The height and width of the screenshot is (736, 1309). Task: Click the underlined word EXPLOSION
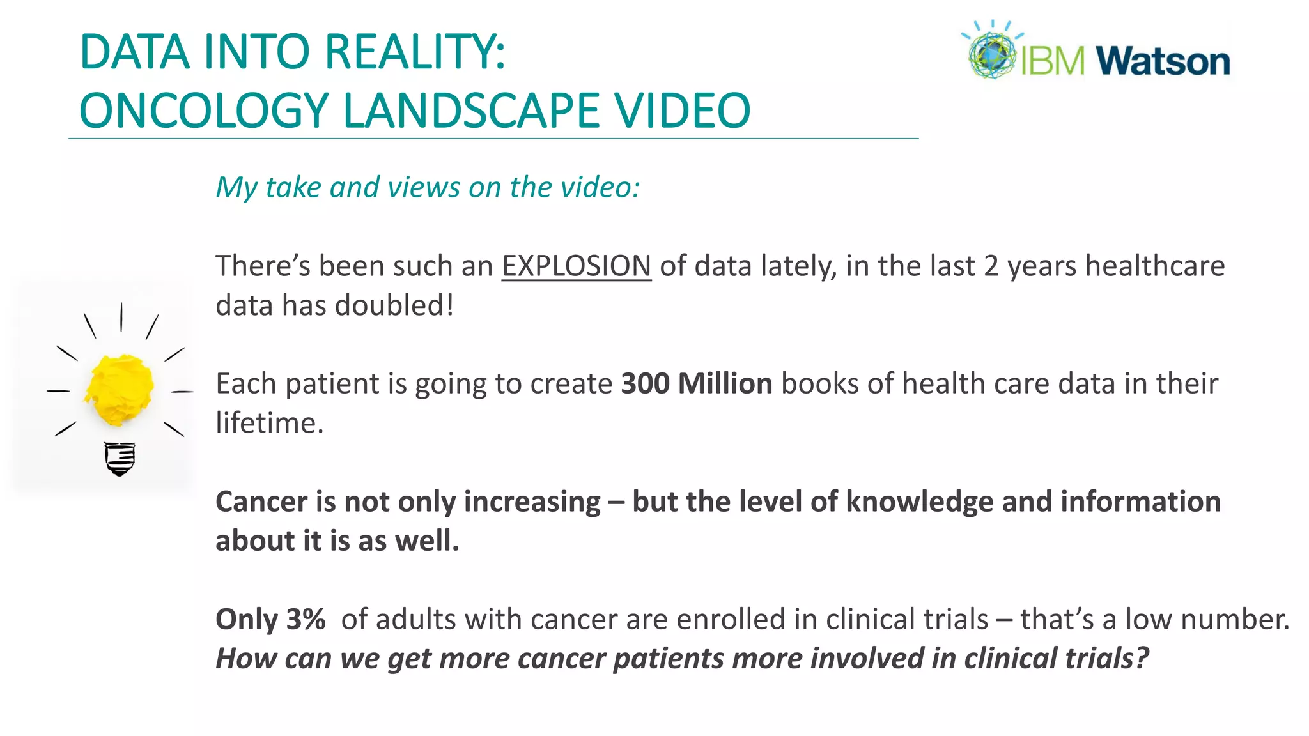(x=576, y=266)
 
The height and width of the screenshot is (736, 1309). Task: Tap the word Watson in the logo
(x=1163, y=61)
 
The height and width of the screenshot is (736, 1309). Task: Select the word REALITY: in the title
(x=415, y=52)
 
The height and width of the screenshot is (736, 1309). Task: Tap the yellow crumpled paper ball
(x=120, y=390)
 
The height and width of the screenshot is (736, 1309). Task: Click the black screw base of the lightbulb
(x=120, y=459)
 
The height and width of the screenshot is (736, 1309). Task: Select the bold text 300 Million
(x=697, y=384)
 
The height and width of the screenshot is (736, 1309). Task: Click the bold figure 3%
(x=306, y=619)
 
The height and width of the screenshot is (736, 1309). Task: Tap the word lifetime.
(x=269, y=423)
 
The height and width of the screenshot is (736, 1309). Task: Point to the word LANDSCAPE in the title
(x=471, y=111)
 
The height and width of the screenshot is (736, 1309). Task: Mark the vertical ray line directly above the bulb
(x=121, y=317)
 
